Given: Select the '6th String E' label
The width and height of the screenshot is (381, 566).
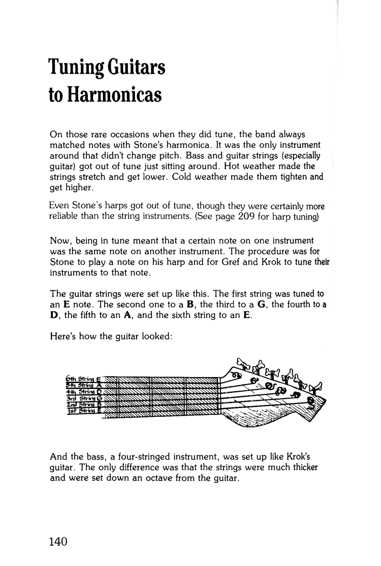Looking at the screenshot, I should (x=84, y=378).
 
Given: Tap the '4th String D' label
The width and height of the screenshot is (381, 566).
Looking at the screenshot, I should (x=84, y=391).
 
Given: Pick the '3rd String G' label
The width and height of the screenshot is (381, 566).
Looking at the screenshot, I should (x=85, y=398).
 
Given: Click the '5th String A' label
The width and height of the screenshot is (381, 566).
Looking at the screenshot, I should (x=84, y=385).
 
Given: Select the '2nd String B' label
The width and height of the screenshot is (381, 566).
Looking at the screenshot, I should (x=85, y=404).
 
